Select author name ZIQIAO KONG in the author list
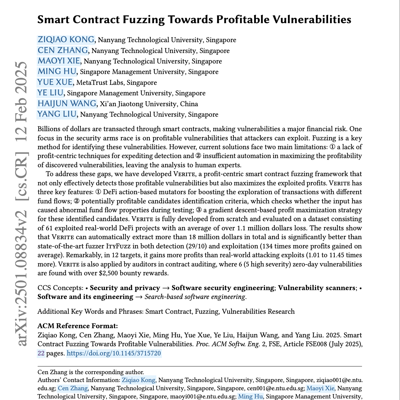[66, 40]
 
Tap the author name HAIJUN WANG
[67, 104]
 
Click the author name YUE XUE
[55, 82]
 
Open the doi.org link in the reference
[114, 353]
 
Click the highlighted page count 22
[41, 353]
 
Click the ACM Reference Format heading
[78, 326]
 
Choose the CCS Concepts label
[60, 288]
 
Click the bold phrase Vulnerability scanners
[317, 288]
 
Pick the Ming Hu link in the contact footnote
[250, 396]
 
